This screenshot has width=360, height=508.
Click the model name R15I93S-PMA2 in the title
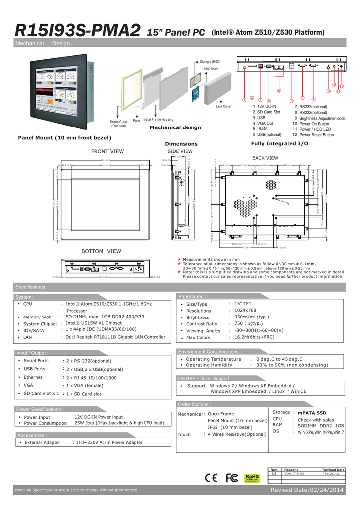(77, 31)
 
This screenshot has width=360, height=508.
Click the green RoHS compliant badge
(252, 477)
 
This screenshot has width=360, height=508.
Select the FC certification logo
(232, 477)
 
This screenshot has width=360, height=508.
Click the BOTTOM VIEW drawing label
(101, 251)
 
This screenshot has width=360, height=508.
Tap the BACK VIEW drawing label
(265, 158)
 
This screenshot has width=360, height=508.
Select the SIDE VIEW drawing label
(180, 151)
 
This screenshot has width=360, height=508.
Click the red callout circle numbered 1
(244, 101)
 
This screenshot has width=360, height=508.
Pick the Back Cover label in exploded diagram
(223, 107)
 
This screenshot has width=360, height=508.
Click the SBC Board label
(211, 69)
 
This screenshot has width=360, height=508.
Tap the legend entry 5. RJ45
(260, 128)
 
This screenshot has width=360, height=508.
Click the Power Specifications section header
(40, 409)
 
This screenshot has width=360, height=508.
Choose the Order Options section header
(194, 404)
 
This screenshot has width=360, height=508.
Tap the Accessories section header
(33, 435)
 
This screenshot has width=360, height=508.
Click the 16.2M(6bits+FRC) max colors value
(254, 337)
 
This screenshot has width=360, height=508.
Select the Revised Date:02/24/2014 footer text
(306, 490)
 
